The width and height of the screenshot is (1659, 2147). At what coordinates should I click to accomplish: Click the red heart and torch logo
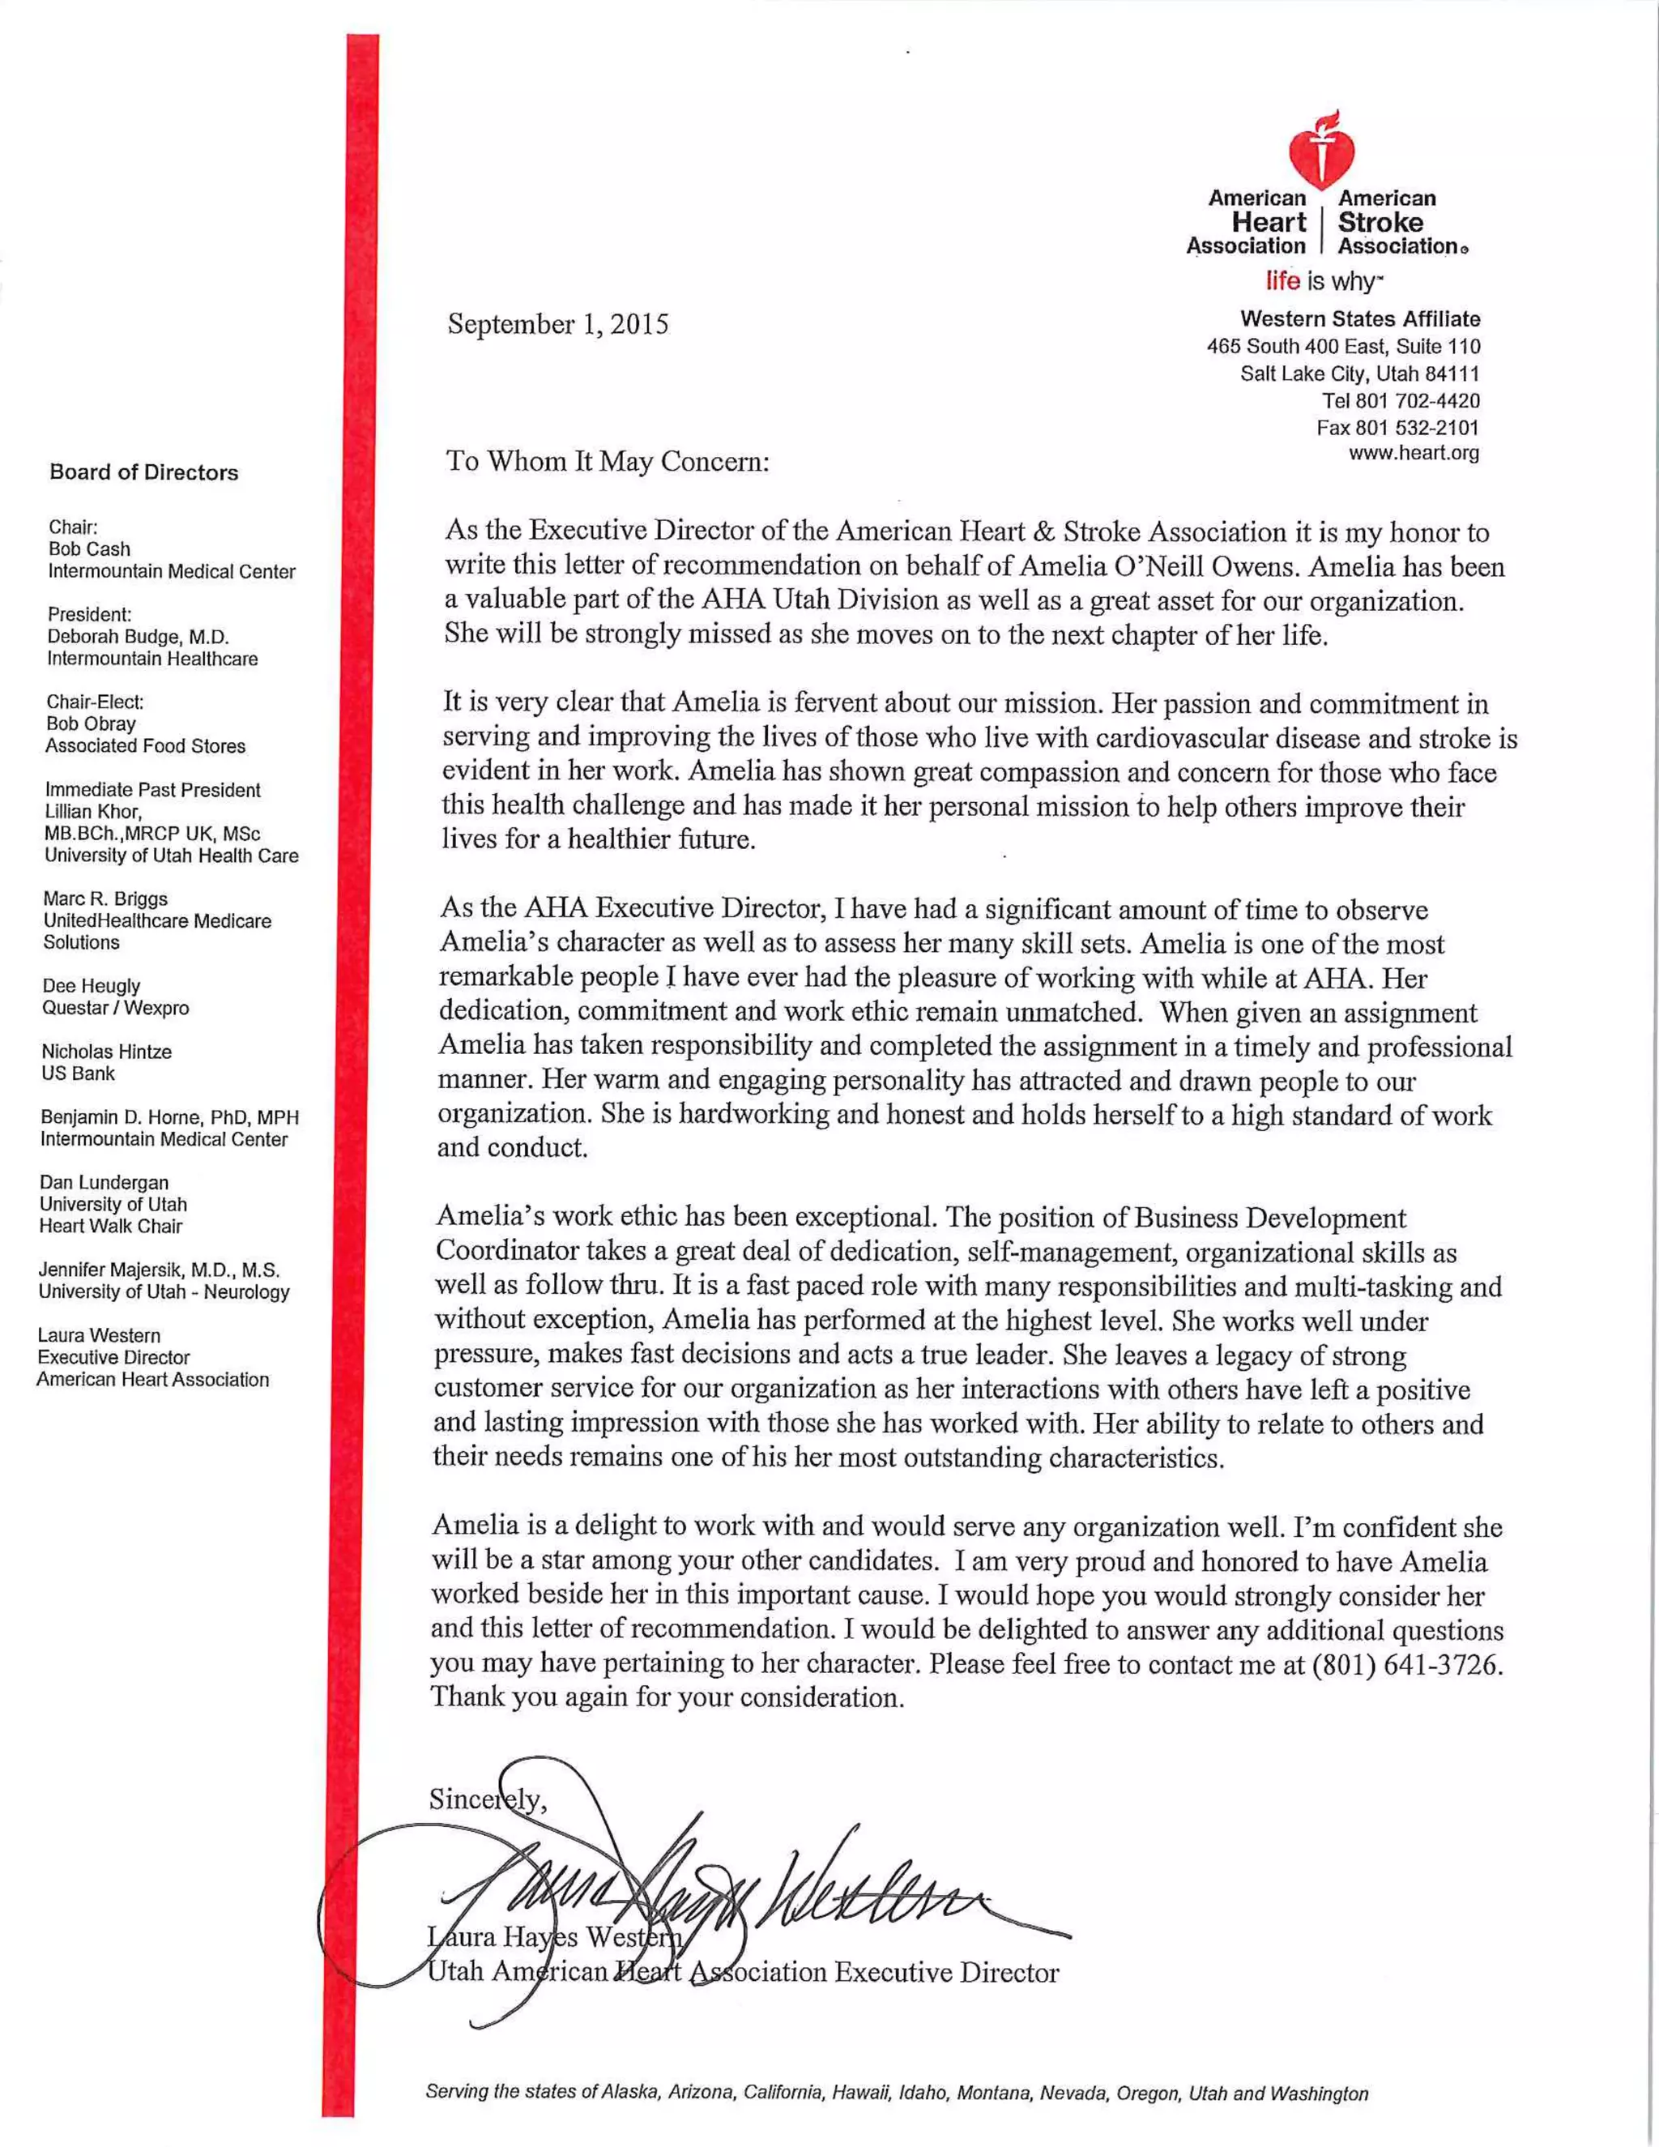click(x=1322, y=151)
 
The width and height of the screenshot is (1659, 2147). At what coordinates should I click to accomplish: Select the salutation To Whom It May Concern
click(x=607, y=461)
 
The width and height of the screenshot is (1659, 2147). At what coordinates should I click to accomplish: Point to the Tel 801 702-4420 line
click(x=1400, y=400)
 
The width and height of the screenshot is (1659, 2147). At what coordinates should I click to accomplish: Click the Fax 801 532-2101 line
click(x=1397, y=427)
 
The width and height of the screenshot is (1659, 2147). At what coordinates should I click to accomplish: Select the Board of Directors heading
click(x=143, y=473)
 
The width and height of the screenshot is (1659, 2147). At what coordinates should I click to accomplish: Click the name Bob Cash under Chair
click(x=89, y=548)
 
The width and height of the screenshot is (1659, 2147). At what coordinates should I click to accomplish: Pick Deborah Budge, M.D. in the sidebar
click(x=138, y=636)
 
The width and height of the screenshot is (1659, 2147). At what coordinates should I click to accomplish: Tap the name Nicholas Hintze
click(x=106, y=1051)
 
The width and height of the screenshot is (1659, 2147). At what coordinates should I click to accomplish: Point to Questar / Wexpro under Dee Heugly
click(x=115, y=1008)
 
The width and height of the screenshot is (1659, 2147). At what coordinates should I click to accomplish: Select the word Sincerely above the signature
click(x=487, y=1799)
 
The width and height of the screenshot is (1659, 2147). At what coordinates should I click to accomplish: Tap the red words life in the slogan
click(x=1282, y=281)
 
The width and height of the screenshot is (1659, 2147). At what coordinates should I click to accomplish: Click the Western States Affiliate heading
click(x=1359, y=318)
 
